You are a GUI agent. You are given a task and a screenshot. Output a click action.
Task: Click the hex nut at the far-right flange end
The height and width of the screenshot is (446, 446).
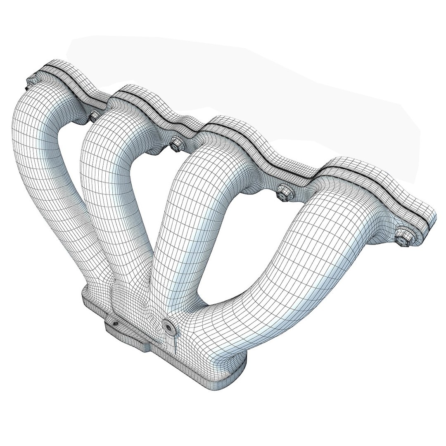pyautogui.click(x=401, y=240)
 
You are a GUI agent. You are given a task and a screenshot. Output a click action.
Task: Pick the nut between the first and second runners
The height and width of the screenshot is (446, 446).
pyautogui.click(x=93, y=116)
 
